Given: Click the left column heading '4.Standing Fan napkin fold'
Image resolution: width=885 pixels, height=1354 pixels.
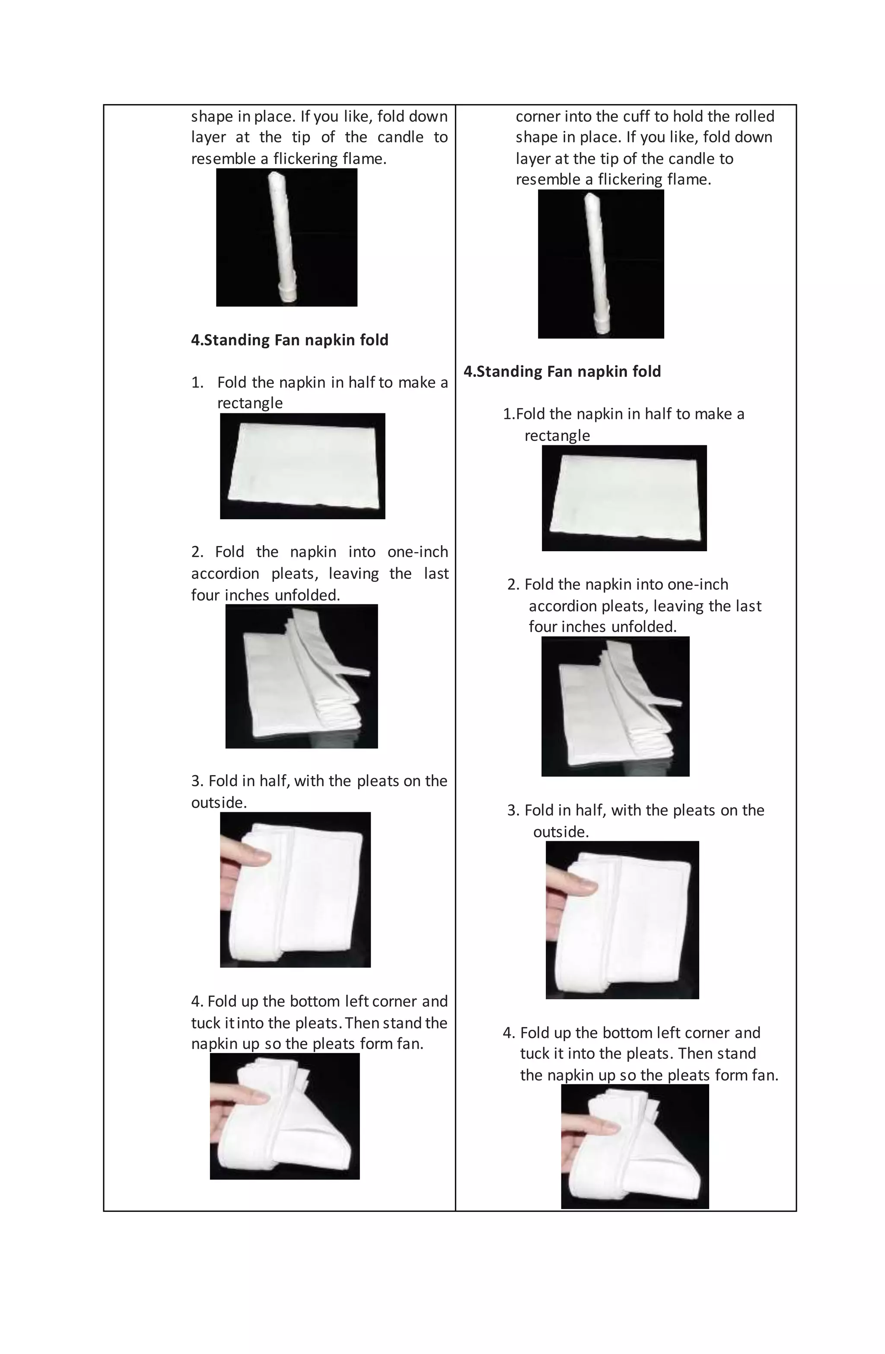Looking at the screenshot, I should (x=290, y=340).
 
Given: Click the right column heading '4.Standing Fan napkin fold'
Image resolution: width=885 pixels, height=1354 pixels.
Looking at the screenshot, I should (x=562, y=371).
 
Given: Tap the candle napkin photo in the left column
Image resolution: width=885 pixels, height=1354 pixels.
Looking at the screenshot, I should (x=286, y=237).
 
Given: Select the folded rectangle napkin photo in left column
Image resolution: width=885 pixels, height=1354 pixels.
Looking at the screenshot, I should (x=302, y=466).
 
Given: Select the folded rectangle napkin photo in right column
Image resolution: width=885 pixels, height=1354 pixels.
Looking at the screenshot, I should (x=624, y=498).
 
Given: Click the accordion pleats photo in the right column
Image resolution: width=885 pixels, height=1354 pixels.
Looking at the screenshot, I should (x=615, y=706).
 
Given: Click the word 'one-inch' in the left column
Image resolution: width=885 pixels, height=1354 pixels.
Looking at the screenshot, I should (x=417, y=552).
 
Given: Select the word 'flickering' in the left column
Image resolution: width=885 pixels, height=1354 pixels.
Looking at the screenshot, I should (x=306, y=159).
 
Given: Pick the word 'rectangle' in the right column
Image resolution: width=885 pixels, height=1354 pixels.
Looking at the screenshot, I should (x=557, y=436).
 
